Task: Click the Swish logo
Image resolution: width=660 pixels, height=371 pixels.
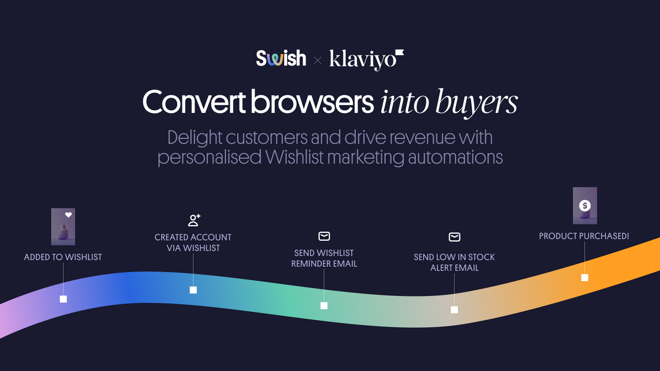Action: pyautogui.click(x=281, y=58)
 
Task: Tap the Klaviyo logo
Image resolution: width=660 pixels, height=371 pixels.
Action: pyautogui.click(x=366, y=59)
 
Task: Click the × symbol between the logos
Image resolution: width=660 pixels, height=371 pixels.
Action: pyautogui.click(x=318, y=61)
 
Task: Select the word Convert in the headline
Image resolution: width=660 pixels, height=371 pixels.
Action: pyautogui.click(x=193, y=102)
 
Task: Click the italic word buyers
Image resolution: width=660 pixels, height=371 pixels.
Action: pyautogui.click(x=476, y=103)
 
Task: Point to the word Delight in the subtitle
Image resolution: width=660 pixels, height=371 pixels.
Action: pyautogui.click(x=195, y=138)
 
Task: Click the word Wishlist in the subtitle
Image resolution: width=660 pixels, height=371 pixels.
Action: pyautogui.click(x=293, y=157)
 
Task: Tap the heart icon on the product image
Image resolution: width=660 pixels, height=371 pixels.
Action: pyautogui.click(x=68, y=215)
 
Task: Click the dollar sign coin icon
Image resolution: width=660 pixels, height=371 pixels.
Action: pyautogui.click(x=585, y=206)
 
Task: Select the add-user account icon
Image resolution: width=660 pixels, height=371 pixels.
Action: pyautogui.click(x=194, y=221)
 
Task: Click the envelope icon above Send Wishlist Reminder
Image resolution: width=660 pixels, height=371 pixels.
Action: pyautogui.click(x=324, y=237)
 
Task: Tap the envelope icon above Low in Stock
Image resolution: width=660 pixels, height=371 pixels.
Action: pyautogui.click(x=454, y=237)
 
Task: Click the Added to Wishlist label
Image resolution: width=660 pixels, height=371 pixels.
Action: pyautogui.click(x=63, y=257)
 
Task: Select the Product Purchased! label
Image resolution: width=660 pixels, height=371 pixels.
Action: pyautogui.click(x=584, y=236)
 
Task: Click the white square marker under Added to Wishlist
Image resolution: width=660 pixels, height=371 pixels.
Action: pyautogui.click(x=63, y=299)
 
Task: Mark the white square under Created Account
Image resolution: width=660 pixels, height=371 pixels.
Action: pyautogui.click(x=193, y=290)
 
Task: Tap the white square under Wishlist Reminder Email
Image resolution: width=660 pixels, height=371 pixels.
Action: pyautogui.click(x=324, y=306)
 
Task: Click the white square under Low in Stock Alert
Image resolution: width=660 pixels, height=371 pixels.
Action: pyautogui.click(x=454, y=310)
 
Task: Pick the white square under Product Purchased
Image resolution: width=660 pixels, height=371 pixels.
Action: pyautogui.click(x=585, y=278)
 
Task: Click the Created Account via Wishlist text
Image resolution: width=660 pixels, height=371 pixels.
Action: pyautogui.click(x=193, y=243)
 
